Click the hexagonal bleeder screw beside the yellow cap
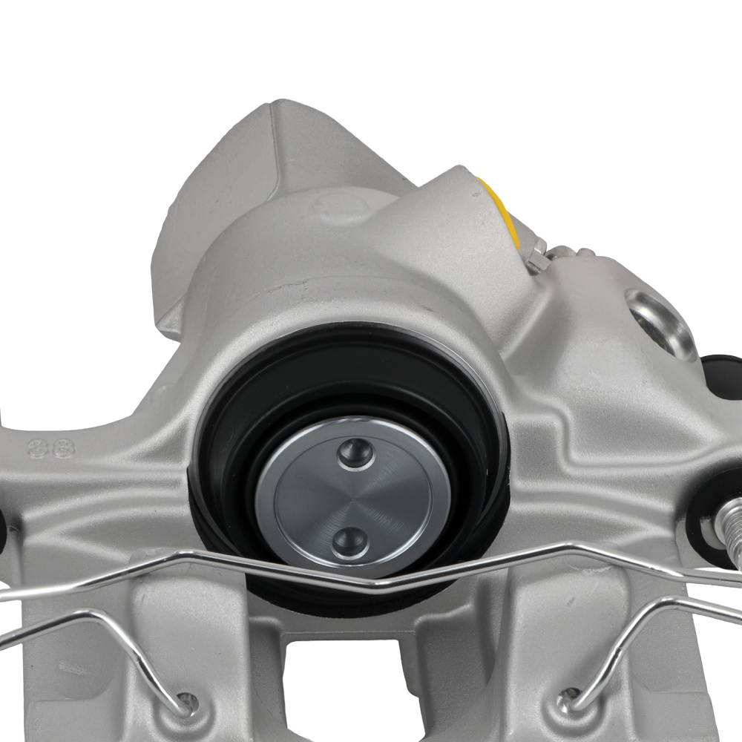[539, 253]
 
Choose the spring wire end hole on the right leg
[570, 695]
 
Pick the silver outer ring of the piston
[266, 512]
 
